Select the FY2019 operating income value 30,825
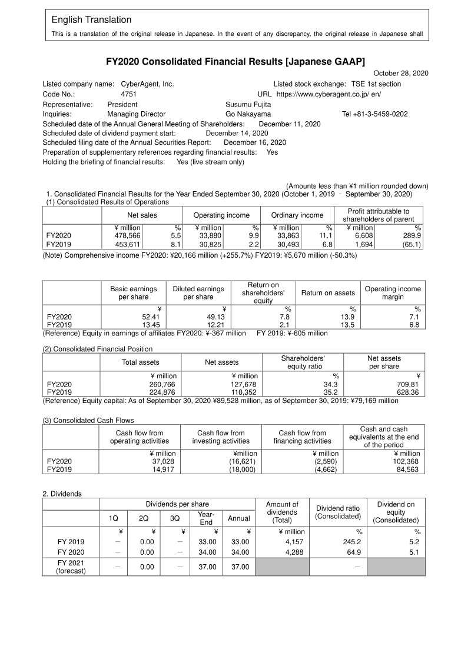point(210,244)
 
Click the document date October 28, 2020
point(401,73)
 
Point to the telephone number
point(374,114)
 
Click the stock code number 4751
point(128,94)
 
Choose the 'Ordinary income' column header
point(297,215)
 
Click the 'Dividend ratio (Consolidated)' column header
point(337,512)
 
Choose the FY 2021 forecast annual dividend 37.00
point(239,567)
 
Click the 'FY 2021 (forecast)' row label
point(71,567)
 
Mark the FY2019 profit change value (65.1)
point(410,244)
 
